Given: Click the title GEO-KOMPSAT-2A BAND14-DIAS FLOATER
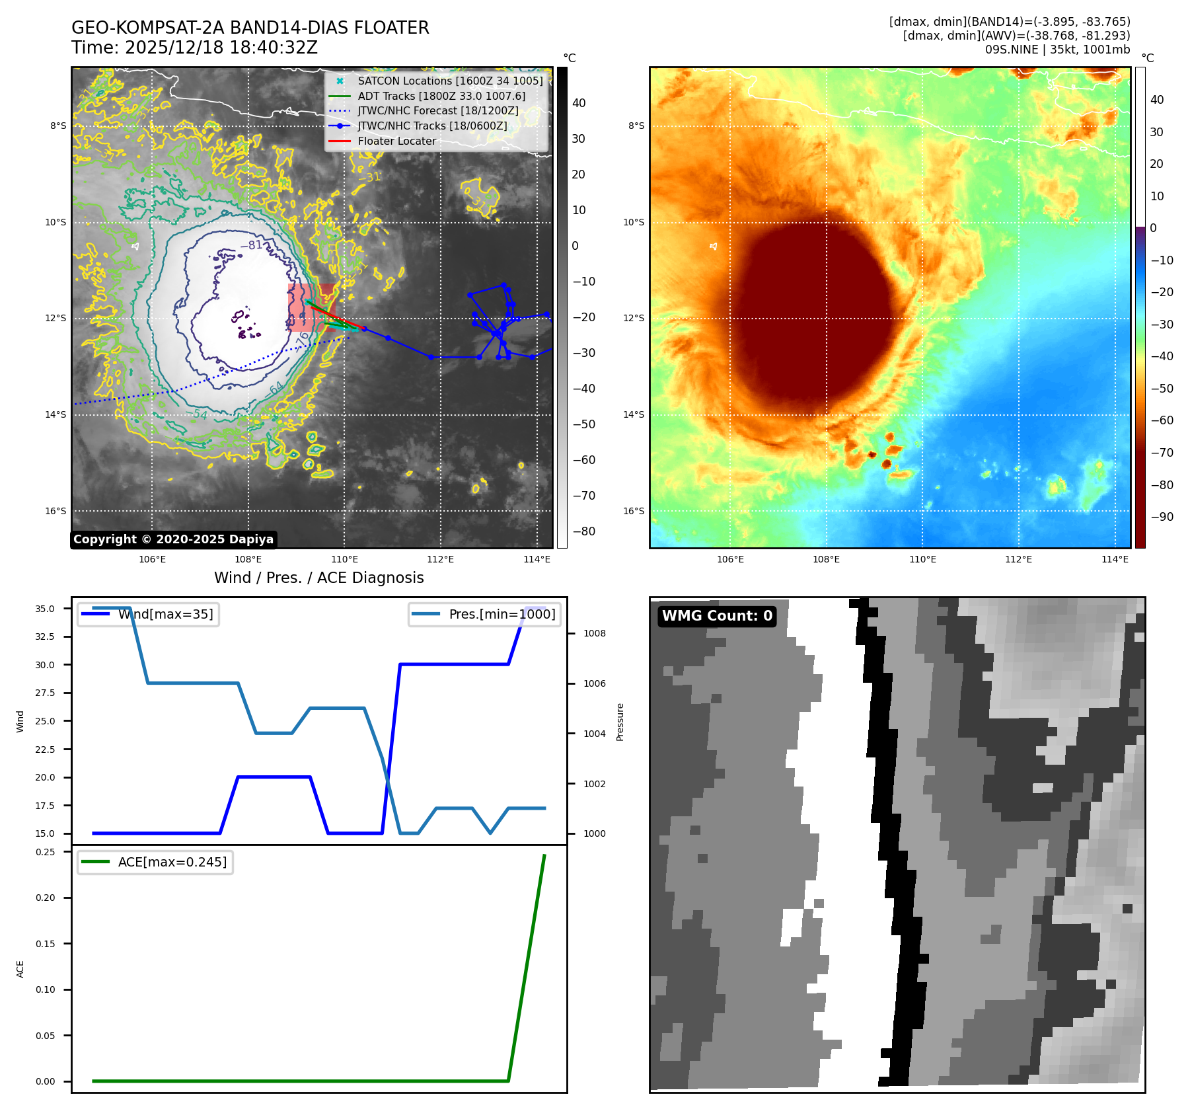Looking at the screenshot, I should tap(250, 28).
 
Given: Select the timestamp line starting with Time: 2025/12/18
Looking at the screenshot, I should tap(194, 48).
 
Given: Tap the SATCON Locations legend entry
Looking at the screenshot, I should tap(449, 81).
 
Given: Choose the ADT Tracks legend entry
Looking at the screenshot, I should tap(441, 96).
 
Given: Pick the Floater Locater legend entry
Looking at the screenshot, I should tap(396, 141).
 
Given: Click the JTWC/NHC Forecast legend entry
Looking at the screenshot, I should tap(437, 110).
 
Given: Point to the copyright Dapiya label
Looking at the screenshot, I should tap(173, 539).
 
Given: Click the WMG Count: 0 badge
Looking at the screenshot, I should tap(717, 616).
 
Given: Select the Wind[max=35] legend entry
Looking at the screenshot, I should tap(165, 614).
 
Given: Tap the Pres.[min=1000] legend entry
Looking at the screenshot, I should tap(502, 614).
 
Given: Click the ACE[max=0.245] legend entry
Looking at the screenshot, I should tap(172, 862).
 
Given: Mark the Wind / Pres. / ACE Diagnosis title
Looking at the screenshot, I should tap(318, 578).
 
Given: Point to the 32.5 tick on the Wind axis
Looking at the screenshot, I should tap(45, 636).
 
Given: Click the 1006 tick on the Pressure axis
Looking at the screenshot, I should tap(594, 683).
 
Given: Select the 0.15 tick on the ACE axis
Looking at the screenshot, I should tap(46, 944).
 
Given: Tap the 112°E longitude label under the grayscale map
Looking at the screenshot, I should tap(440, 559).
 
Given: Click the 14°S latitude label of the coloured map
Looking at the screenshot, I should tap(634, 414).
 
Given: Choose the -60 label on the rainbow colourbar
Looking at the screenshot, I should tap(1162, 420).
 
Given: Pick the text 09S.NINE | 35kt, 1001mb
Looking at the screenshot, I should tap(1057, 50).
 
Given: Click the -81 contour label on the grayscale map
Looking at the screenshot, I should tap(254, 245).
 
